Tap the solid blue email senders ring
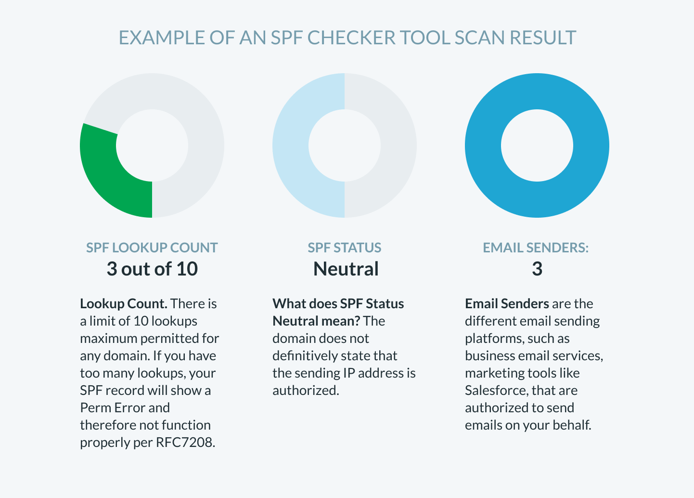tap(537, 92)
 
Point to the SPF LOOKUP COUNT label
tap(152, 248)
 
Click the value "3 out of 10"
tap(152, 269)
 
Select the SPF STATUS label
tap(345, 248)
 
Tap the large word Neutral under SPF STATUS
tap(346, 269)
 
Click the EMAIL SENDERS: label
tap(536, 248)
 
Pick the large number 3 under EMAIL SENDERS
tap(537, 269)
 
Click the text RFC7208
tap(185, 442)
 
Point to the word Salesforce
tap(496, 390)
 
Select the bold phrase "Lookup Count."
tap(124, 303)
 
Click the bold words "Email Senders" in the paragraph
tap(507, 303)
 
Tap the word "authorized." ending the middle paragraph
tap(306, 390)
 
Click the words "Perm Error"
tap(109, 407)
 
